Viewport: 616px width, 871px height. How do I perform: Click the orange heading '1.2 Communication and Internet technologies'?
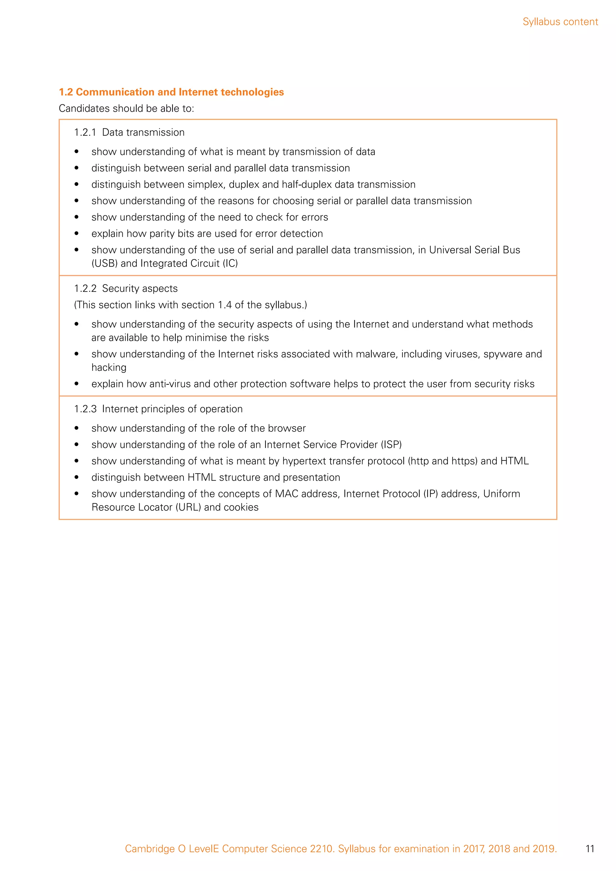[x=171, y=92]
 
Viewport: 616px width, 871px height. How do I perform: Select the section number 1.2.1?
[x=85, y=132]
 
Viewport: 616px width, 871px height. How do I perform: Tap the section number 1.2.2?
[x=85, y=289]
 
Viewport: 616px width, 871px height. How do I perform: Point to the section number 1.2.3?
[x=85, y=409]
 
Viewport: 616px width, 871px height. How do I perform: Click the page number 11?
[x=590, y=849]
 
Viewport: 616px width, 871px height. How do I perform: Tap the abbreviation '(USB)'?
[x=104, y=263]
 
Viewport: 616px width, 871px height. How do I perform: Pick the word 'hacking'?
[x=109, y=368]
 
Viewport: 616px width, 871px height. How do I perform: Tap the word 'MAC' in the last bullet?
[x=286, y=494]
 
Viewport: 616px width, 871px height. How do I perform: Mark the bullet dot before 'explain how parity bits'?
[x=77, y=234]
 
